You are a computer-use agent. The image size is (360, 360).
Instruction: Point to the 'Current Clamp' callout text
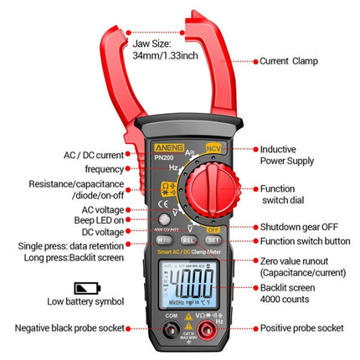(x=290, y=60)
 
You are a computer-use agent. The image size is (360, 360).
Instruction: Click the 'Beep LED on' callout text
(x=95, y=219)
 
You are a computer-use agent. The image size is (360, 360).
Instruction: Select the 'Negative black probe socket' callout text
(x=64, y=328)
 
